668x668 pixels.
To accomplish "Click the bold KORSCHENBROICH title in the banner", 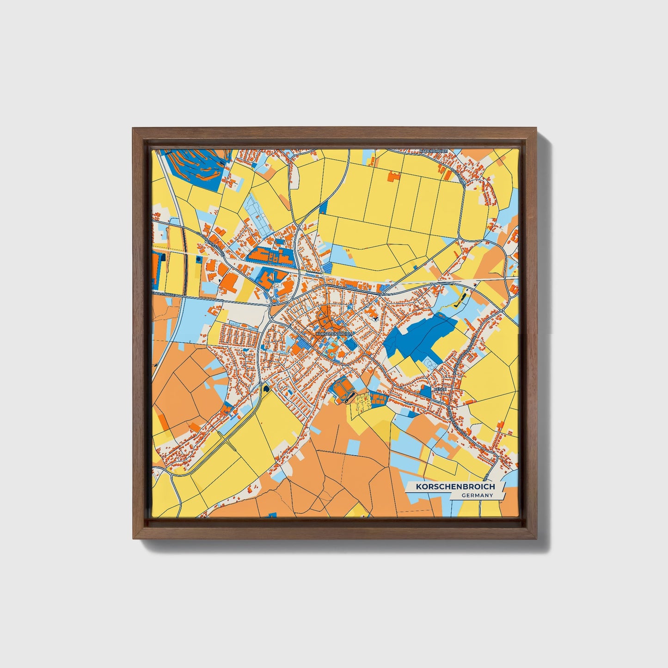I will pyautogui.click(x=455, y=487).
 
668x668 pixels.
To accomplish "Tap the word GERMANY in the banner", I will pyautogui.click(x=477, y=496).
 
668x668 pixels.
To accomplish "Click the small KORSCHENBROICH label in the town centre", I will pyautogui.click(x=334, y=333).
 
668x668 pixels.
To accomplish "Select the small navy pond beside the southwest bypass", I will pyautogui.click(x=266, y=389).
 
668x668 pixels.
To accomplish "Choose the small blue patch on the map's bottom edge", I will pyautogui.click(x=273, y=515).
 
